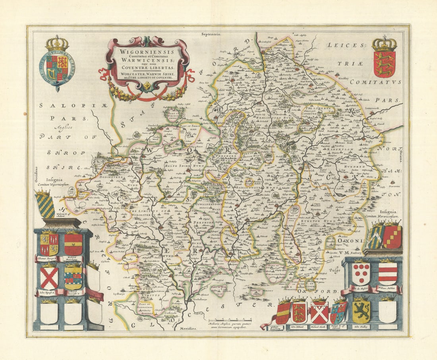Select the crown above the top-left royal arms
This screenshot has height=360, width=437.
[x=57, y=43]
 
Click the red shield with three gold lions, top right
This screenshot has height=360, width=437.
[x=384, y=64]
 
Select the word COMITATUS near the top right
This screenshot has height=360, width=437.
[x=376, y=82]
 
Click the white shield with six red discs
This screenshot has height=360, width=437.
[x=361, y=274]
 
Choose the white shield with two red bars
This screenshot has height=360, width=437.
[x=388, y=274]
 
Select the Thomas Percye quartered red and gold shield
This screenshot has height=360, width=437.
[x=49, y=244]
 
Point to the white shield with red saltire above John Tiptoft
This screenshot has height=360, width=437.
[x=49, y=278]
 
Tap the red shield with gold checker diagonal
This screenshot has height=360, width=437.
[x=392, y=236]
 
